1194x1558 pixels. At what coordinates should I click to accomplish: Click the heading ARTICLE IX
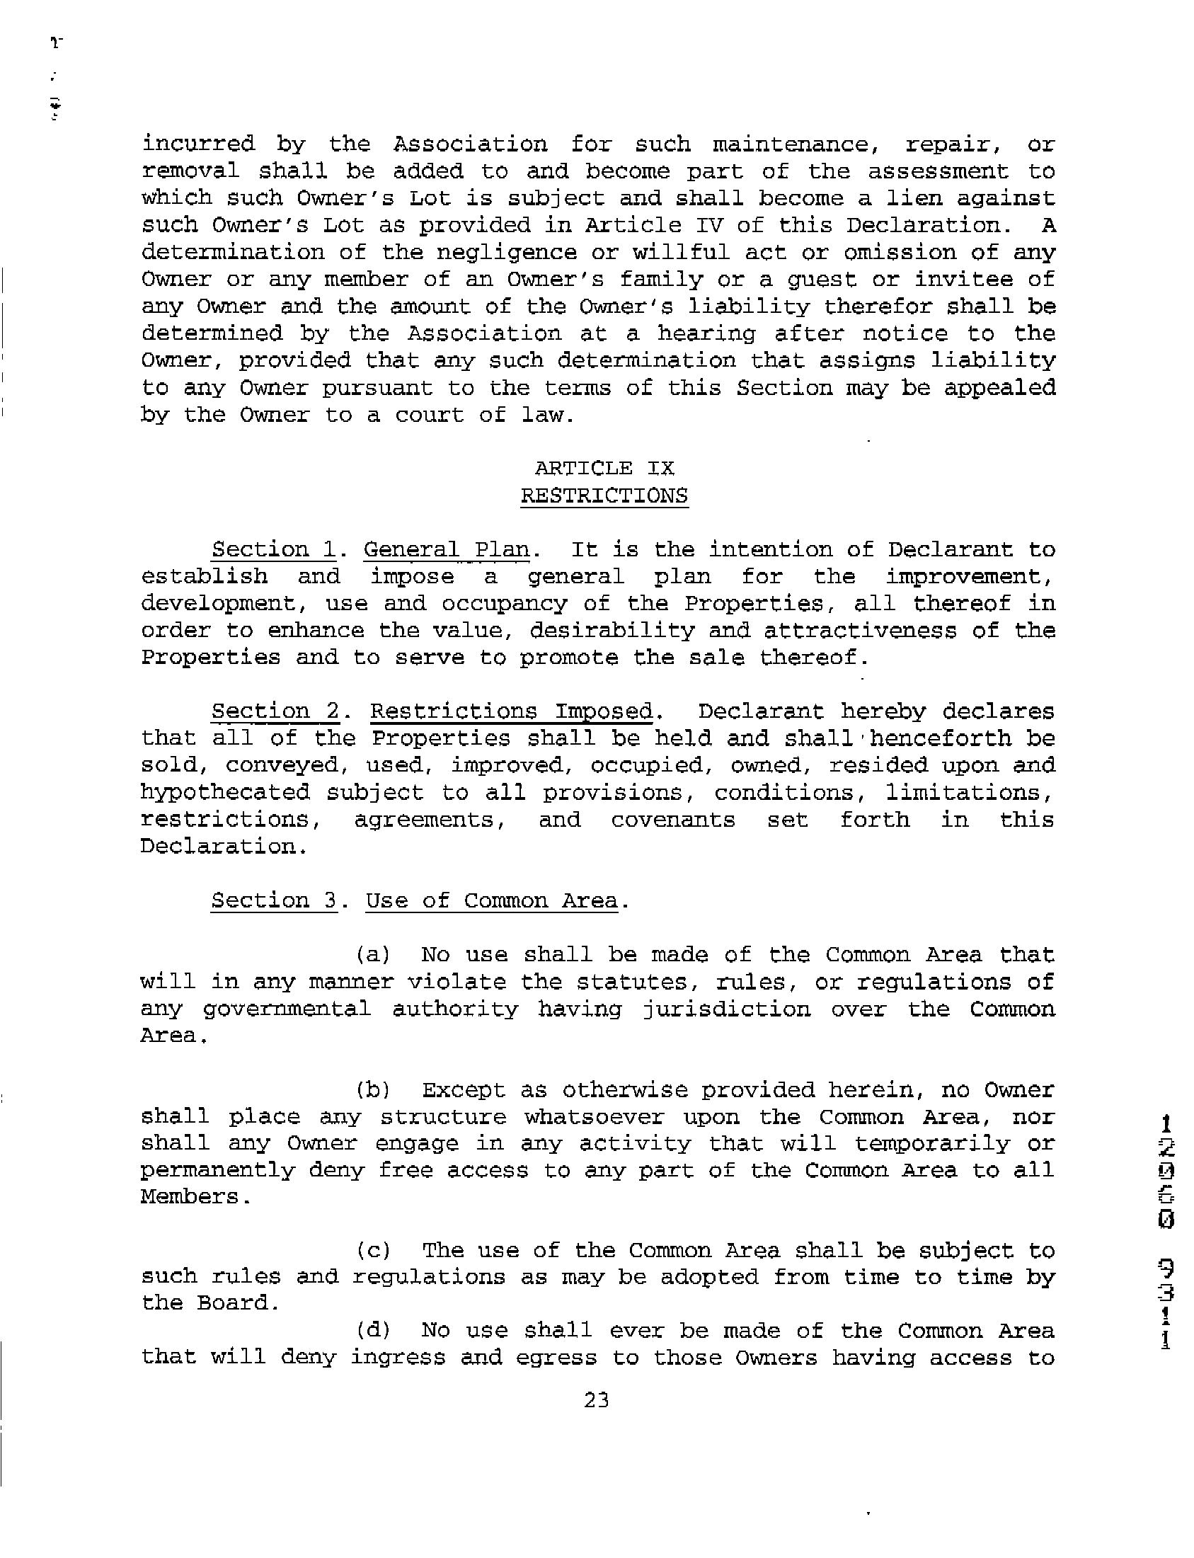coord(604,469)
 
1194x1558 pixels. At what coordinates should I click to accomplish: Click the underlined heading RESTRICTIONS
coord(604,496)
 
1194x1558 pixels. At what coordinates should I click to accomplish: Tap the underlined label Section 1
coord(274,549)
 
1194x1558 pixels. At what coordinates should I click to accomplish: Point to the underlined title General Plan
coord(447,549)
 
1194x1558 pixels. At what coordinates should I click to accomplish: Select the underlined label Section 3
coord(275,900)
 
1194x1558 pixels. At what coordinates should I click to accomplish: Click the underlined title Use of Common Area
coord(492,900)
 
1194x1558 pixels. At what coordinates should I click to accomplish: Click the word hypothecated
coord(225,793)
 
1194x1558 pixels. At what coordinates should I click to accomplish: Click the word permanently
coord(217,1171)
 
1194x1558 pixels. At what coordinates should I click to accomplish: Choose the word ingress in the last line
coord(398,1358)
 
